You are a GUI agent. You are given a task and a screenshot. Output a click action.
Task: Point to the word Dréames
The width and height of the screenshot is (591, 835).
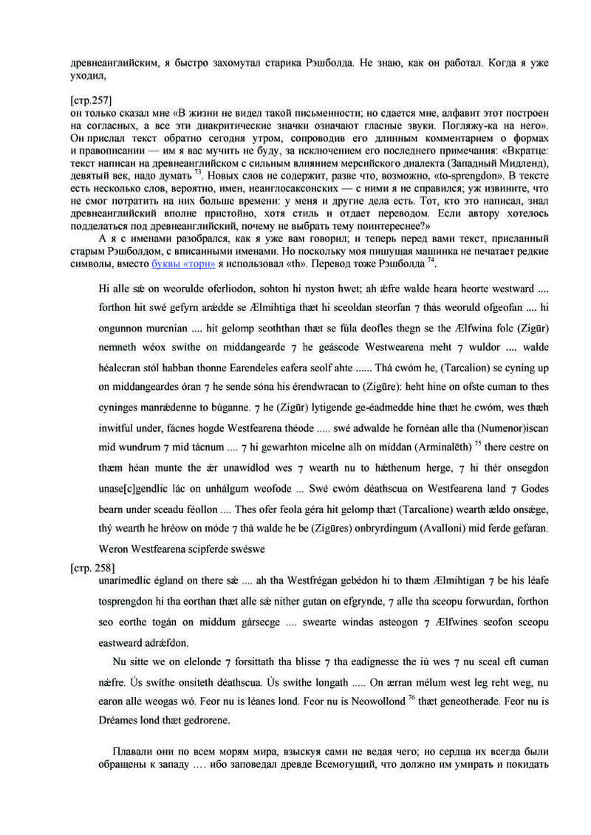(x=119, y=719)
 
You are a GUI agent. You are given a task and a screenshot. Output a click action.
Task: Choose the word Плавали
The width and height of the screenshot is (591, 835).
(x=134, y=751)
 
